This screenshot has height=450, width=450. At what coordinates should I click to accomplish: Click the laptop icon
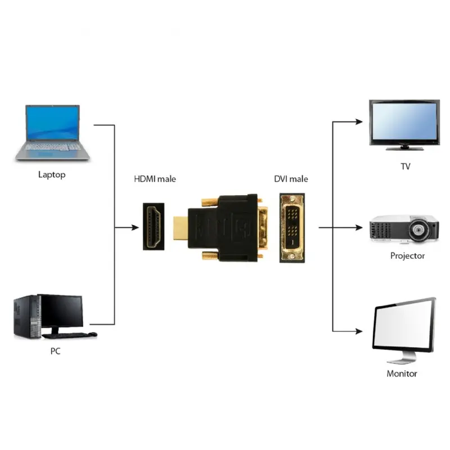coord(52,132)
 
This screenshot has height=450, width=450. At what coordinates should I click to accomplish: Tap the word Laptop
coord(52,174)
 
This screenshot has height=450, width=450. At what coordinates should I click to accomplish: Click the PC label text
coord(55,352)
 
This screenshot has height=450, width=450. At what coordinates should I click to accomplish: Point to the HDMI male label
coord(155,179)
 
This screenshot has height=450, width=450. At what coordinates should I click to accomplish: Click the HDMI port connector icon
coord(153,227)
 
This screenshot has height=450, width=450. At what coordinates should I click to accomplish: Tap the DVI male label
coord(291,179)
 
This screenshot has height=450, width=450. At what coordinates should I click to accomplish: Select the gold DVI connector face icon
coord(292,227)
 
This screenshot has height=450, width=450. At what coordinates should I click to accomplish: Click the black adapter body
coord(225,228)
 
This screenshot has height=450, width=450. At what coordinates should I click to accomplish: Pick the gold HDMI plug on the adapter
coord(179,228)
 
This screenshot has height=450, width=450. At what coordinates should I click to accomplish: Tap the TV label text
coord(405,166)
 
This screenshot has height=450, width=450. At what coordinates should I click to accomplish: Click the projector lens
coord(417,229)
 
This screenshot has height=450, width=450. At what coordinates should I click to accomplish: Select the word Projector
coord(407,256)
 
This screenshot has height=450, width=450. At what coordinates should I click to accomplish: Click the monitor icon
coord(403,328)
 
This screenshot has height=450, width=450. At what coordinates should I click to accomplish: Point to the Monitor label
coord(402,373)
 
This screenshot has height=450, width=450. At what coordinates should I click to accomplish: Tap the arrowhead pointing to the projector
coord(358,227)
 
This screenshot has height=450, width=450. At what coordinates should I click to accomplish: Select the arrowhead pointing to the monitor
coord(358,332)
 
